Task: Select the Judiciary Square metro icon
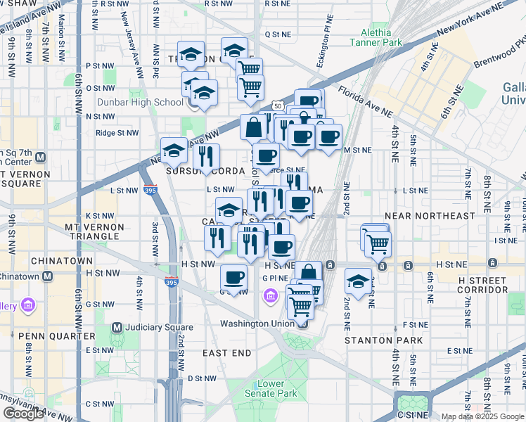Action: [118, 327]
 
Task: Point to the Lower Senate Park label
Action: [271, 389]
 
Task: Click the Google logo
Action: [23, 413]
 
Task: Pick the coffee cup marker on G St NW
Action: [233, 276]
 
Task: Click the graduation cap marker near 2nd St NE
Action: [359, 281]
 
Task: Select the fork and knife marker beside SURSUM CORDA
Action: [206, 157]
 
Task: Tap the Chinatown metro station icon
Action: [47, 276]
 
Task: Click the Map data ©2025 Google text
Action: [482, 416]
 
